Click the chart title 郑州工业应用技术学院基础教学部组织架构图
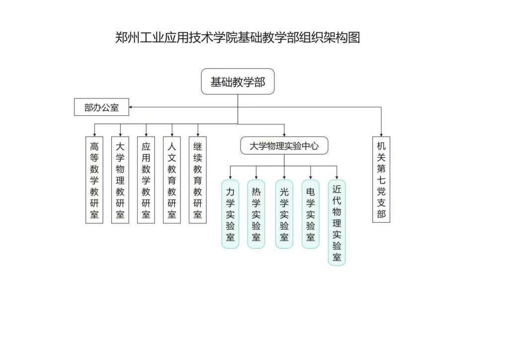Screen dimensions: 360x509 (x=238, y=38)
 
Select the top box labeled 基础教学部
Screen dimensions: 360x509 (x=238, y=82)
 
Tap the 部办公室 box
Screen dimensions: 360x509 (x=101, y=107)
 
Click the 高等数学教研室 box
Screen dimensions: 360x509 (x=94, y=180)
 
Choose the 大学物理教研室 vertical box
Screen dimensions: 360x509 (x=120, y=180)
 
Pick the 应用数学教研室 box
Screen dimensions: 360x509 (x=146, y=180)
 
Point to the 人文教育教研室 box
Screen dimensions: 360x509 (x=172, y=180)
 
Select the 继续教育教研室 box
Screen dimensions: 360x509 (x=198, y=180)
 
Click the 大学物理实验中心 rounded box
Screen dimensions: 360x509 (x=284, y=146)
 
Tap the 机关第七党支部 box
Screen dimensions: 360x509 (x=381, y=180)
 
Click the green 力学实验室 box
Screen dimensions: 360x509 (x=230, y=214)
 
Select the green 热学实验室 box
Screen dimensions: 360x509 (x=256, y=214)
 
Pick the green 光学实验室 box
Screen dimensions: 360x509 (x=284, y=214)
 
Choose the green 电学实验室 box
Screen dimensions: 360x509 (x=311, y=214)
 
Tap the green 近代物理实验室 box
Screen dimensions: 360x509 (x=337, y=222)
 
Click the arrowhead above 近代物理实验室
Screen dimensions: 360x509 (x=337, y=177)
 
